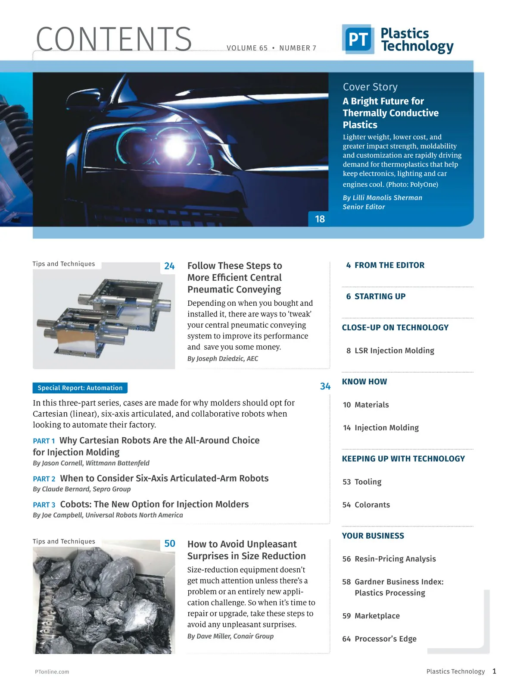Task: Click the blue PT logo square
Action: (358, 39)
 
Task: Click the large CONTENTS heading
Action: (114, 39)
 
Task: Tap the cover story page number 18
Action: (320, 219)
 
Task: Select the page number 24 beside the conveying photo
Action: (169, 267)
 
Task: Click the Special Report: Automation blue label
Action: (80, 388)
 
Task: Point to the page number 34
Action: (325, 386)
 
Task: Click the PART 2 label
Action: (44, 479)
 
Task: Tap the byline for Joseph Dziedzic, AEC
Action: (223, 359)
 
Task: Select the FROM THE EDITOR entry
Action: (389, 265)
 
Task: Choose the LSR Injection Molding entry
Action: (394, 351)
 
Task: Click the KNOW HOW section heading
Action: (364, 382)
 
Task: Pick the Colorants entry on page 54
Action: (372, 505)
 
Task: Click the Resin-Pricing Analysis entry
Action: (395, 559)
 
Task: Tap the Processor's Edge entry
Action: (385, 639)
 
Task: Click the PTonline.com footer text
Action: (52, 671)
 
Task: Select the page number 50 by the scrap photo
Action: (170, 543)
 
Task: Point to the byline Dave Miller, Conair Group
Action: (230, 636)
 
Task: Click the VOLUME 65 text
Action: (247, 48)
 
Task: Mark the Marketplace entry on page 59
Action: (377, 616)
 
